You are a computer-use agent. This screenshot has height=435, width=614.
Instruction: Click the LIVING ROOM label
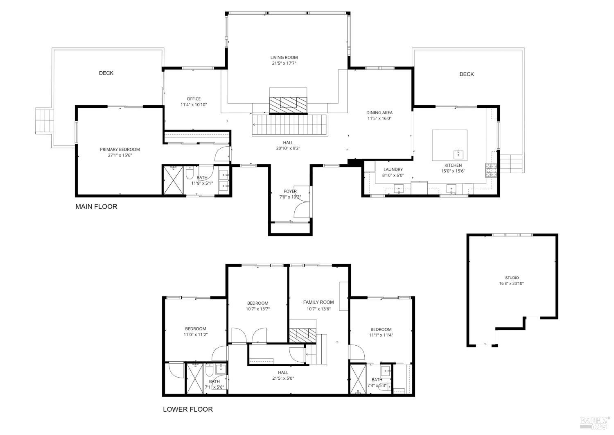point(284,58)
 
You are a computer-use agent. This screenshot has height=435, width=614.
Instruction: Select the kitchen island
point(449,145)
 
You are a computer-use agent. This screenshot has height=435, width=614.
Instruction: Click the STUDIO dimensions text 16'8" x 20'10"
point(512,283)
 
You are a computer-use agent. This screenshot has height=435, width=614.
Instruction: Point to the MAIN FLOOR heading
point(96,206)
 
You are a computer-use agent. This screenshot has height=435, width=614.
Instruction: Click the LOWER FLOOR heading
point(187,409)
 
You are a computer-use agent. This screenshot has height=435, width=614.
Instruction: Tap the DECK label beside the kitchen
point(466,74)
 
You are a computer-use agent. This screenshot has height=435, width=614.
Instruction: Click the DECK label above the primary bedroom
point(106,73)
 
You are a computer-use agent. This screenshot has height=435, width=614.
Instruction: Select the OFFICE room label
point(194,99)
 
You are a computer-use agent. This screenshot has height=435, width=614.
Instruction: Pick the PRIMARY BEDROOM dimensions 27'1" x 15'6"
point(120,155)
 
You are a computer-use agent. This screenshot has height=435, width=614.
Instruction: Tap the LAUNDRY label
point(393,170)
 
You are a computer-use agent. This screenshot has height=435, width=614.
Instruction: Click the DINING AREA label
point(379,113)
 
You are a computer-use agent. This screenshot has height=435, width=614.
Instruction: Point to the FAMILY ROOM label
point(318,302)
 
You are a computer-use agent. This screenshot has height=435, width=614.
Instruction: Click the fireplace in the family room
point(303,335)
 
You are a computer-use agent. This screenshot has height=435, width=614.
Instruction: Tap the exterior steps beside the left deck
point(44,120)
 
